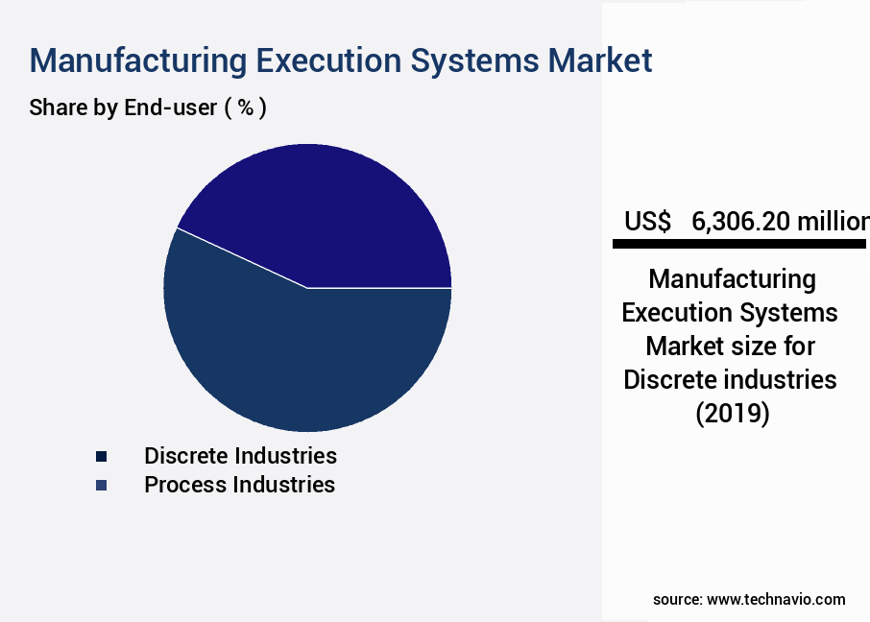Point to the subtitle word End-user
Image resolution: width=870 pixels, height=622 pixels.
coord(170,108)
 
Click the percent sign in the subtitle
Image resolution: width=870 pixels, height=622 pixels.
coord(246,108)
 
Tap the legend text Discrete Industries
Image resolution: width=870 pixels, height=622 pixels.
coord(240,455)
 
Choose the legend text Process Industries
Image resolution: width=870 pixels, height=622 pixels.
coord(239,485)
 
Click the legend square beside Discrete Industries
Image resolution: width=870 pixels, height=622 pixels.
coord(102,456)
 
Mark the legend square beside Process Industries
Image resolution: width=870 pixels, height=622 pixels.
coord(102,486)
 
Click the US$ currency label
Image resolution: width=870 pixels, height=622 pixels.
coord(647,222)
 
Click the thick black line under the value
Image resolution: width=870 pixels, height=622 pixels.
coord(739,245)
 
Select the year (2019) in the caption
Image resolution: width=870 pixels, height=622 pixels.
coord(731,415)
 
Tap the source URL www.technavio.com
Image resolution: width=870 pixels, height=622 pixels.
coord(776,599)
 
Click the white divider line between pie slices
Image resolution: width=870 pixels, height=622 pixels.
coord(240,257)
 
